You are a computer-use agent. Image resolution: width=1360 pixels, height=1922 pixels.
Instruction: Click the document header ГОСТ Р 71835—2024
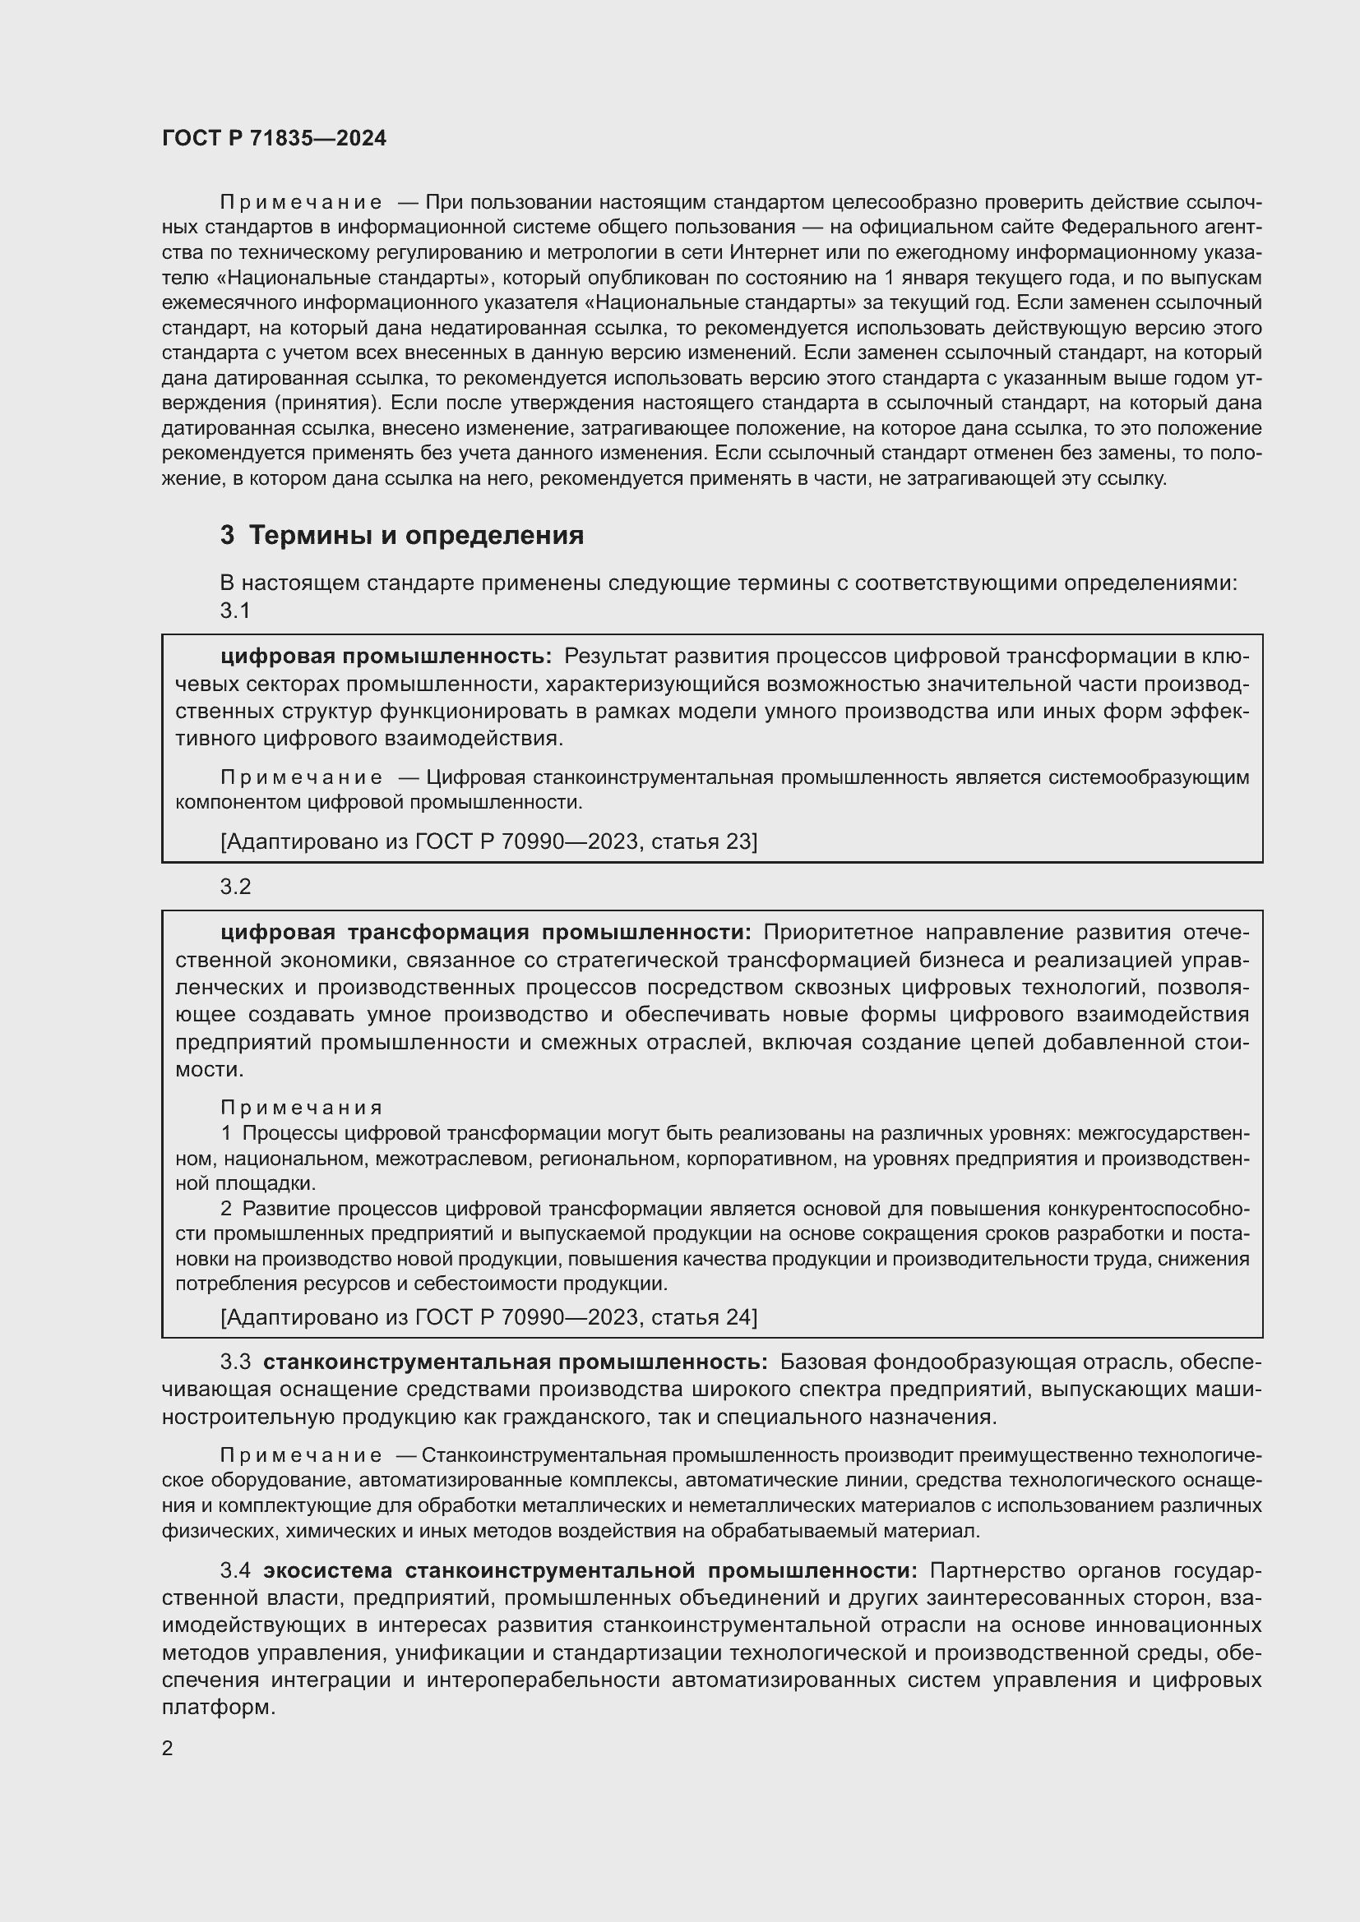tap(274, 139)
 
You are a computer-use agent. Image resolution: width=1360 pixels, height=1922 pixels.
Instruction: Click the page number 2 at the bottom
tap(168, 1748)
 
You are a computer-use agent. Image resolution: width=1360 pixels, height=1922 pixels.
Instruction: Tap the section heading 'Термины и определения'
tap(416, 535)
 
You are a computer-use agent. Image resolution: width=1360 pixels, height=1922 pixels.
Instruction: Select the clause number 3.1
tap(235, 611)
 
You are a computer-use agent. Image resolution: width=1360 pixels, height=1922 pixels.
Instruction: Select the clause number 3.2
tap(235, 887)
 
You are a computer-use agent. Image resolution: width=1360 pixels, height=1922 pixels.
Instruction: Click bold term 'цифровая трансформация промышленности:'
tap(486, 933)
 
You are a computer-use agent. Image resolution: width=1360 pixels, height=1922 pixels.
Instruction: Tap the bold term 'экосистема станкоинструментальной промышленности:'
tap(590, 1569)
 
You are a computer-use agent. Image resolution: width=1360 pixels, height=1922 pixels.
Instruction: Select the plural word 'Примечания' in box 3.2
tap(302, 1108)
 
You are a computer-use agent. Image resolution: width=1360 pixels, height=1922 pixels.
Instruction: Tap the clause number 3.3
tap(235, 1362)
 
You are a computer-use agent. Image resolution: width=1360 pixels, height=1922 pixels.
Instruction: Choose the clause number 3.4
tap(235, 1569)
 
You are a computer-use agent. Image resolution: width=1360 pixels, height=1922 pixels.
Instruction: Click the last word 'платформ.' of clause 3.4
tap(218, 1707)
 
